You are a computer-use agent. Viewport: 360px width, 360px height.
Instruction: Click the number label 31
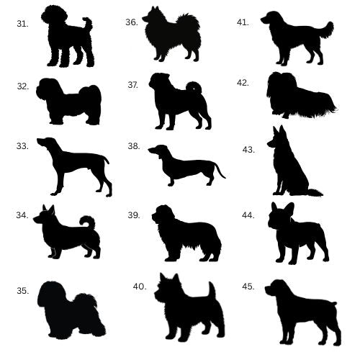tap(22, 24)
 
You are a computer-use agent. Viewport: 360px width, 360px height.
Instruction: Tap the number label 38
tap(134, 146)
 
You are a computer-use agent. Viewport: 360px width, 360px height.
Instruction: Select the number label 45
tap(248, 287)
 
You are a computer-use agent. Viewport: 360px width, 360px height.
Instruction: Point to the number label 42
tap(243, 83)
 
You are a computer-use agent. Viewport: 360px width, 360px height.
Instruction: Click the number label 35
tap(23, 291)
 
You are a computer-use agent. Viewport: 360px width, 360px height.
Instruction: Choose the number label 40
tap(140, 287)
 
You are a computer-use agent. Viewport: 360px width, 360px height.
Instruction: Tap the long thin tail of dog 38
tap(220, 171)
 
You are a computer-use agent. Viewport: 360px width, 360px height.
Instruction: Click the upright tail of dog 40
tap(212, 290)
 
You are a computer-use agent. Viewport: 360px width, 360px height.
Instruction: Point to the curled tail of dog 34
tap(88, 222)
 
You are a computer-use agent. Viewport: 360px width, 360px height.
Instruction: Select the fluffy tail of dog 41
tap(326, 30)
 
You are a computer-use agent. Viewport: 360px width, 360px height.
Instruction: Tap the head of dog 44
tap(280, 215)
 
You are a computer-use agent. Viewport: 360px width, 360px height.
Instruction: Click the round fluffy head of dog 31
tap(53, 16)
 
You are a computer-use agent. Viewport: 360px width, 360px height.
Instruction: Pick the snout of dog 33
tap(41, 142)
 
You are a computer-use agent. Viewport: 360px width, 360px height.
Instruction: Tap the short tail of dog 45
tap(333, 303)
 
